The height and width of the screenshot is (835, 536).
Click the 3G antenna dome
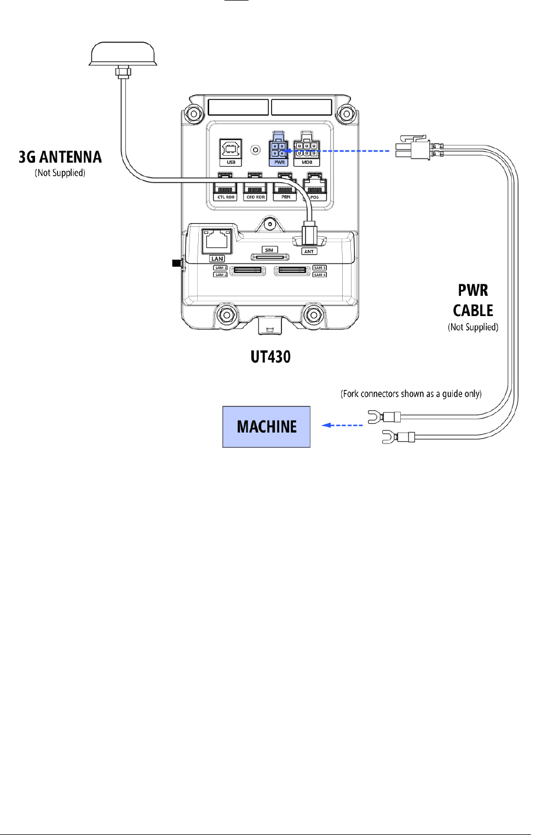click(x=123, y=54)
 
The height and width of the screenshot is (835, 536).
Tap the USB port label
click(x=231, y=162)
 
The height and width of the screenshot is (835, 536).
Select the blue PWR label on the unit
click(x=279, y=162)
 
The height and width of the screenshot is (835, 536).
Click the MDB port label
click(x=307, y=162)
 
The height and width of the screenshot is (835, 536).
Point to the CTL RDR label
click(x=226, y=197)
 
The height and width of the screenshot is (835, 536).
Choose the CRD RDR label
click(x=255, y=197)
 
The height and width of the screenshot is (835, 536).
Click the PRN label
click(x=286, y=197)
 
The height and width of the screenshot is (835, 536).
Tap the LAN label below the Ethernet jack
click(x=217, y=259)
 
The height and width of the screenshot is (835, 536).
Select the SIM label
click(x=269, y=250)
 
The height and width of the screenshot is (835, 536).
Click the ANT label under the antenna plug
click(x=309, y=252)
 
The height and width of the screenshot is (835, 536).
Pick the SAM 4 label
click(x=319, y=275)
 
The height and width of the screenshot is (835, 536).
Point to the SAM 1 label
click(x=220, y=268)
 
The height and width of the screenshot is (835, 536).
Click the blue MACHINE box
click(x=266, y=427)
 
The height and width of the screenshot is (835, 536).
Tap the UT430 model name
click(x=270, y=357)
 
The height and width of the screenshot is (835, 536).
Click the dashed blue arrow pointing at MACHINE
click(x=343, y=425)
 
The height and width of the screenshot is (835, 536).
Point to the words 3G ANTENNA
click(x=60, y=157)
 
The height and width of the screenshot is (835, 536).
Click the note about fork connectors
click(x=411, y=394)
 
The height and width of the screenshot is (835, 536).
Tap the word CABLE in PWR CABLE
click(x=473, y=311)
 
